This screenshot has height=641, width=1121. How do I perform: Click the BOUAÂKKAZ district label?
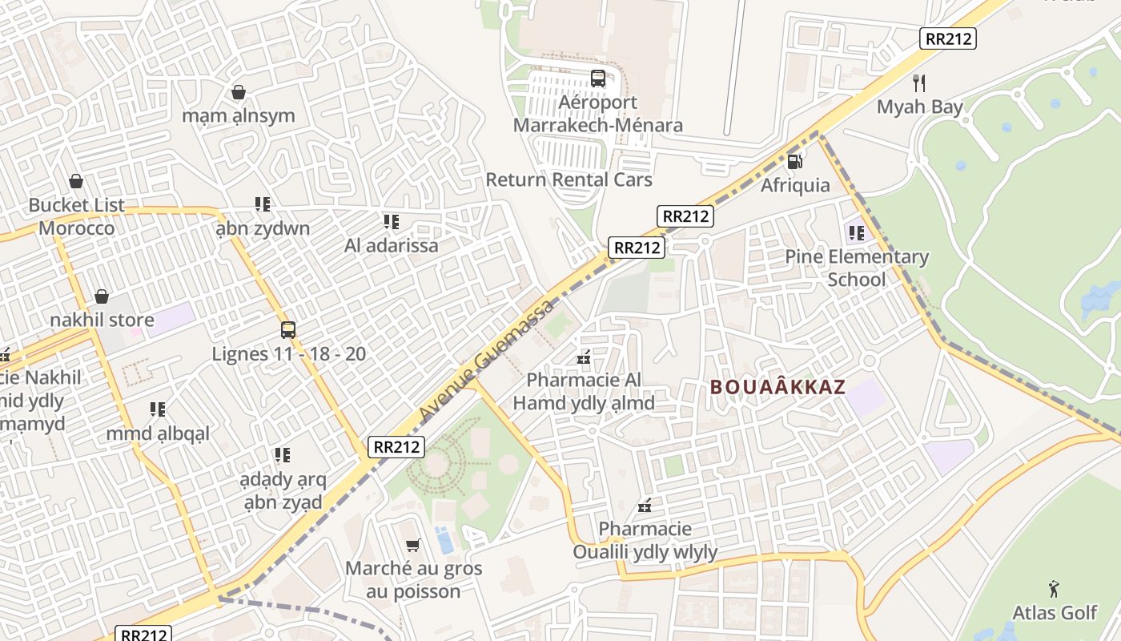pos(777,387)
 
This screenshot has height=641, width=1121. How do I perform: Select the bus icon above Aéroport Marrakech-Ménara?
pos(598,79)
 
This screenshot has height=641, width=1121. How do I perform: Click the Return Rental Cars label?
pos(569,179)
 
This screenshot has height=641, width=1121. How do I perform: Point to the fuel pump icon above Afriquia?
pos(795,161)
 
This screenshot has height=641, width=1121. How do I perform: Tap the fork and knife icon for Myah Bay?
pos(919,83)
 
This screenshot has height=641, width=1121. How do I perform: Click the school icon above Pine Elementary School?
pos(857,233)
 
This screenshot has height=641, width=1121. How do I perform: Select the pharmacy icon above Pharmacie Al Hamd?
pos(584,357)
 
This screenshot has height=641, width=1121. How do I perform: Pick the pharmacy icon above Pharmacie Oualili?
pos(645,506)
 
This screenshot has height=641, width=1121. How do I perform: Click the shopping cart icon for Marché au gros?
pos(413,546)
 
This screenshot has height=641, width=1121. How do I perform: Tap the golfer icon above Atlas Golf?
pos(1054,589)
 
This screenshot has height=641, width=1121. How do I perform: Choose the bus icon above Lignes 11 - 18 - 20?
pos(288,330)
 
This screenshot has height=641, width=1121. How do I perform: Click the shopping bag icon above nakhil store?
pos(102,297)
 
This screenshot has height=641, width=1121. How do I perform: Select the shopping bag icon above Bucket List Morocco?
pos(76,182)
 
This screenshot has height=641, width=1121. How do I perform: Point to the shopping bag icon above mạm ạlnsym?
pos(238,92)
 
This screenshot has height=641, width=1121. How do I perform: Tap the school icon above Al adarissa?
pos(391,221)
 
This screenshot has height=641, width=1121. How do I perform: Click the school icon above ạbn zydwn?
pos(262,204)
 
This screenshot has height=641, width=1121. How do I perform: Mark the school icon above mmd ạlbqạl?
pos(158,409)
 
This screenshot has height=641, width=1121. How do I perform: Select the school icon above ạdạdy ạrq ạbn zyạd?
pos(282,455)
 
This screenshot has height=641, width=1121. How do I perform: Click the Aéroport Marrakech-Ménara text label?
pos(597,114)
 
